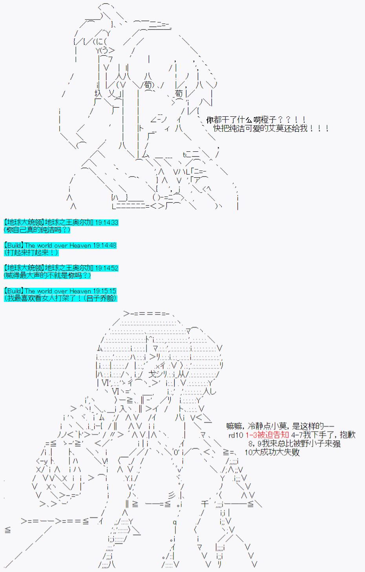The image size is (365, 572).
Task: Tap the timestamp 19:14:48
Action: (105, 245)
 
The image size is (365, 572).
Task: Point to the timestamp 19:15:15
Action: (104, 291)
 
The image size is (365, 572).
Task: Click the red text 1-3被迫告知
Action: (267, 435)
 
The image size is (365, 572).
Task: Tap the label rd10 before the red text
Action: (236, 435)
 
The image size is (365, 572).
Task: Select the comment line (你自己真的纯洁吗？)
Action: (37, 230)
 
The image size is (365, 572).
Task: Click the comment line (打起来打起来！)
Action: (31, 252)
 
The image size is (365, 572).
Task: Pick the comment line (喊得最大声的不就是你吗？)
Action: (47, 275)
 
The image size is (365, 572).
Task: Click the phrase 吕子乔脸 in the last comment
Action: (101, 298)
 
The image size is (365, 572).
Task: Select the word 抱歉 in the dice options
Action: (348, 435)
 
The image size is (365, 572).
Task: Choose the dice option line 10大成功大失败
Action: (272, 452)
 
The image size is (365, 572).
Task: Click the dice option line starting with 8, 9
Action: (294, 443)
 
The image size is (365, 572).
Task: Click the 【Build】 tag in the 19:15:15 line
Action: (14, 291)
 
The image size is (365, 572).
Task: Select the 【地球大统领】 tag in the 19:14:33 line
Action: (24, 223)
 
